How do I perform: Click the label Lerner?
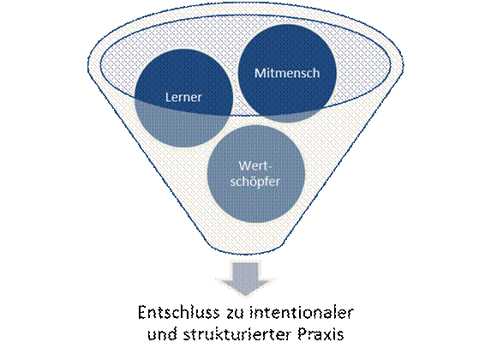click(183, 97)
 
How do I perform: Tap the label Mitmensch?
click(287, 73)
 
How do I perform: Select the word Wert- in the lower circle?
click(255, 165)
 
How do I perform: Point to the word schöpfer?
click(254, 182)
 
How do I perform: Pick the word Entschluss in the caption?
click(178, 312)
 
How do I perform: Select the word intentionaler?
click(302, 312)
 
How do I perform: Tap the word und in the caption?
click(162, 334)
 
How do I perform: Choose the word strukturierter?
click(237, 334)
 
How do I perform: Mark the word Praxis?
click(320, 334)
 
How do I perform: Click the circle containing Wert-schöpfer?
click(256, 175)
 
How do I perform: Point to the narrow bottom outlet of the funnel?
click(245, 249)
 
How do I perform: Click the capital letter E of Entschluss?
click(142, 312)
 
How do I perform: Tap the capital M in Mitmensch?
click(260, 73)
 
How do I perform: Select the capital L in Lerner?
click(168, 97)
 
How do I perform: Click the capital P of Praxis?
click(302, 334)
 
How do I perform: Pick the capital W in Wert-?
click(245, 165)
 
